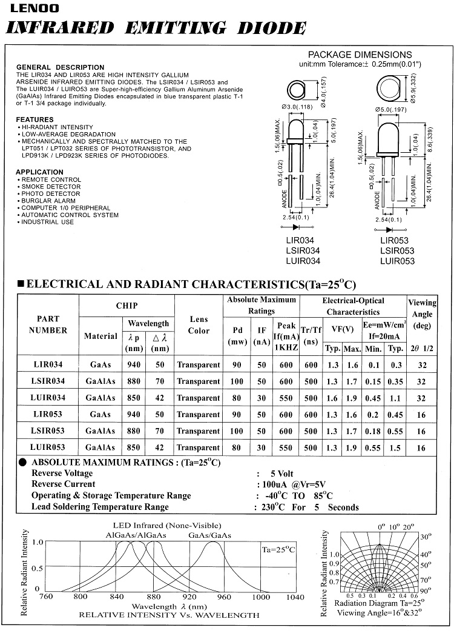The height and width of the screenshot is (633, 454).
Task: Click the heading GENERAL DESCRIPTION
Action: (60, 67)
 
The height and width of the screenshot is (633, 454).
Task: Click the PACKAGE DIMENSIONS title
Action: (360, 55)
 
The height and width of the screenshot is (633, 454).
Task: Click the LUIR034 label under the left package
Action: (303, 261)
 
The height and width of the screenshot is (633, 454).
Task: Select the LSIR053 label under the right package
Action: (397, 250)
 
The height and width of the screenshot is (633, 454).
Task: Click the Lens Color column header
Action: (199, 325)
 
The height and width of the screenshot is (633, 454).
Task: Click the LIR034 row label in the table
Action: (48, 365)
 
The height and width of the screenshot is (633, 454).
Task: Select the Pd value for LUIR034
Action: (237, 398)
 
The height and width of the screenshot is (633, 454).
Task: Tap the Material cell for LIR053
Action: (100, 415)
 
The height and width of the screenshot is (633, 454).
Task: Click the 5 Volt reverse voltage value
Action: (281, 473)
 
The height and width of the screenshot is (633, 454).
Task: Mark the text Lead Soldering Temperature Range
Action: (100, 507)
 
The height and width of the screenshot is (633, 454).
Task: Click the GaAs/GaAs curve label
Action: (210, 535)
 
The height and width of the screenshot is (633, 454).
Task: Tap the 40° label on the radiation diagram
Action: (426, 554)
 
